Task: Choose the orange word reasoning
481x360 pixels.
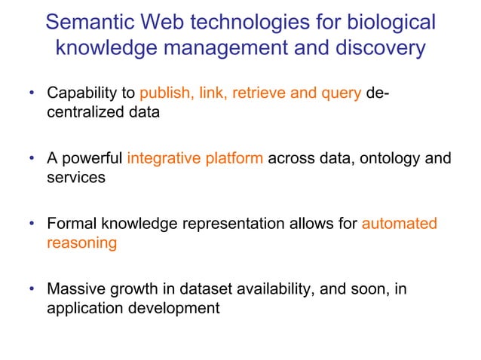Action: point(81,243)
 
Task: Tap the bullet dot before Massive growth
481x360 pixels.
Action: point(32,289)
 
